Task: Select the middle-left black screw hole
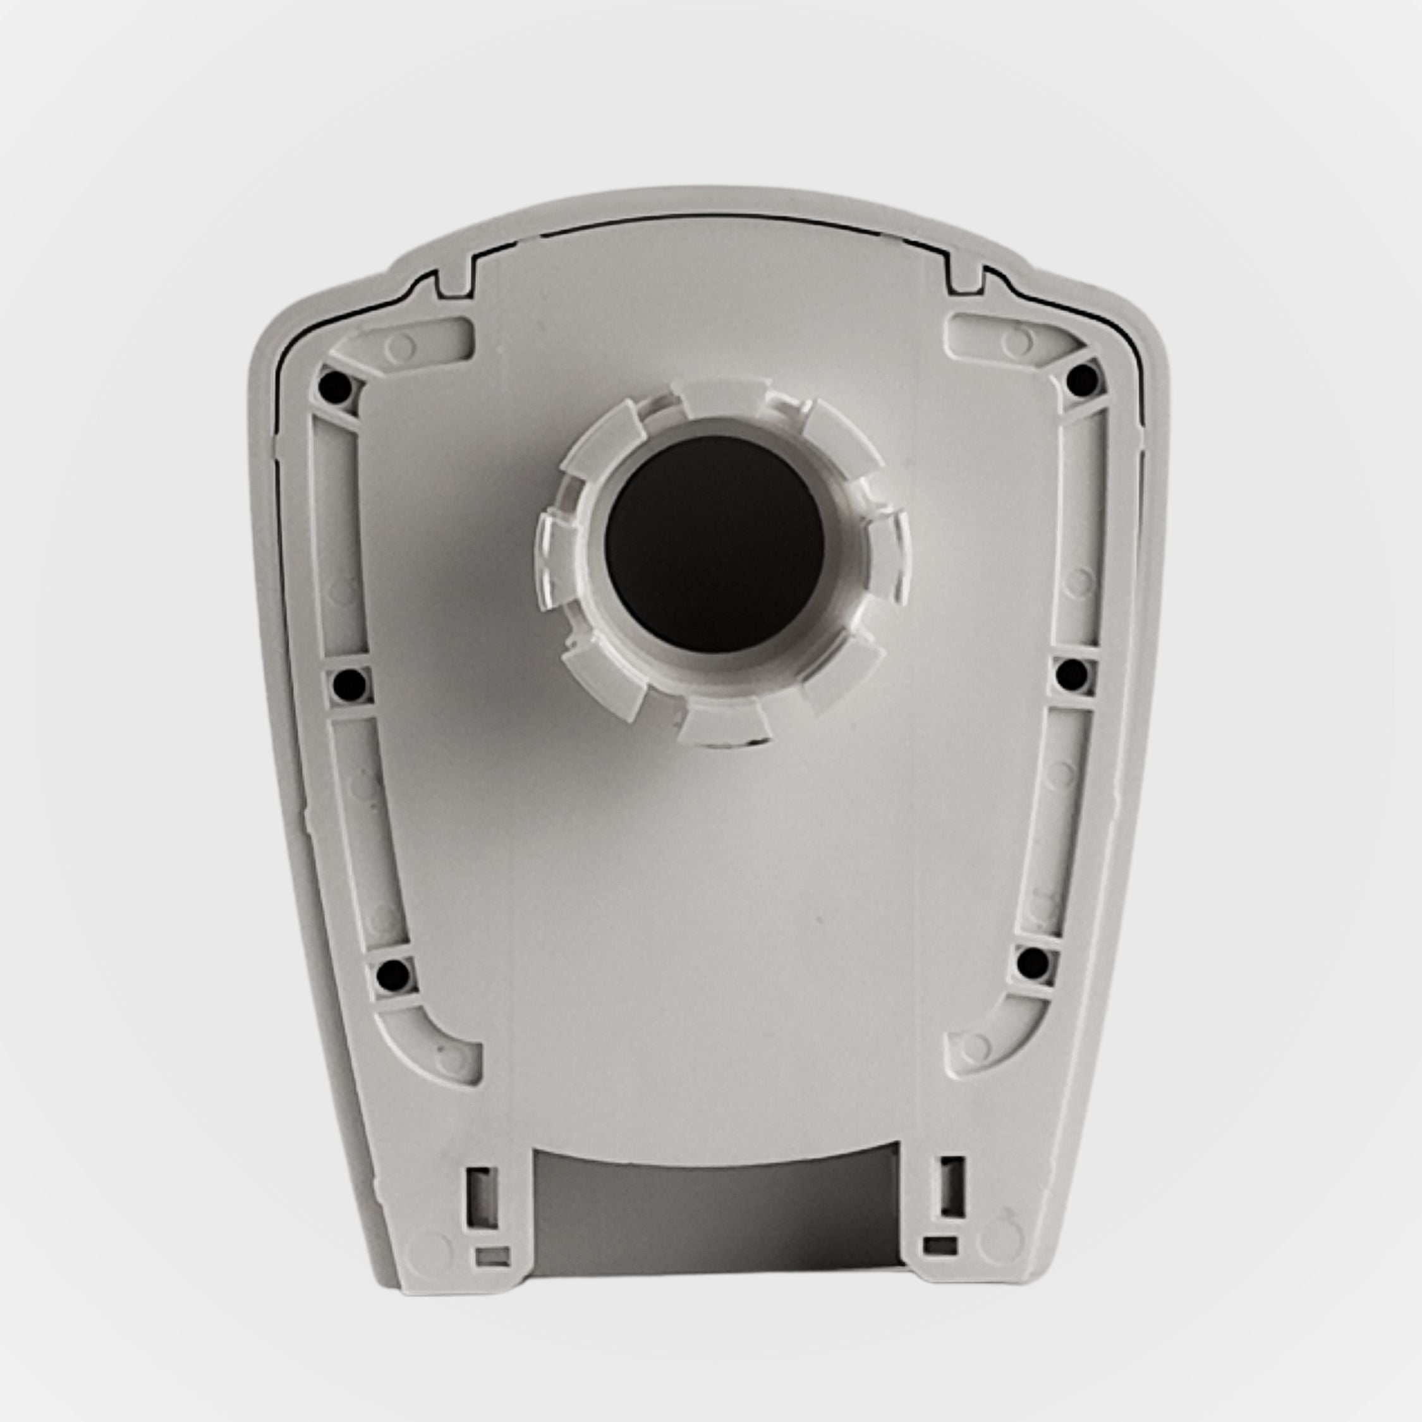pos(348,685)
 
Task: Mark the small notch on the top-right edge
pos(966,279)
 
